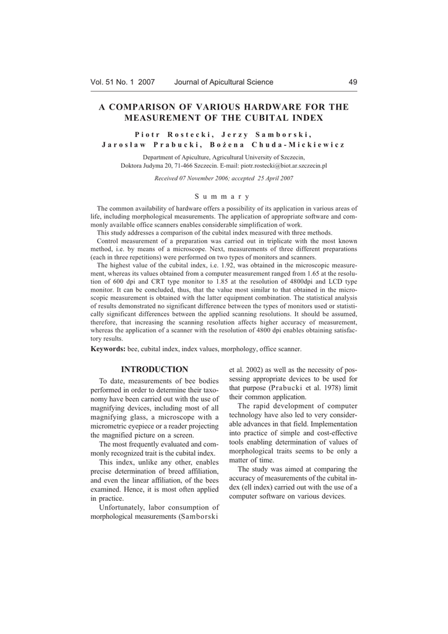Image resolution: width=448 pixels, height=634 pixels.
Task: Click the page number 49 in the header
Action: [353, 82]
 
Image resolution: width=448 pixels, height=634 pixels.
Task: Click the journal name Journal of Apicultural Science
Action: [223, 82]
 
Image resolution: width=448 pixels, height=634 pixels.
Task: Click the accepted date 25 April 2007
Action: [270, 178]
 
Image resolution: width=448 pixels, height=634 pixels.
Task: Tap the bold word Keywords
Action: [108, 349]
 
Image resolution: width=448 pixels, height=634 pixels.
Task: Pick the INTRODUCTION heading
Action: [155, 370]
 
